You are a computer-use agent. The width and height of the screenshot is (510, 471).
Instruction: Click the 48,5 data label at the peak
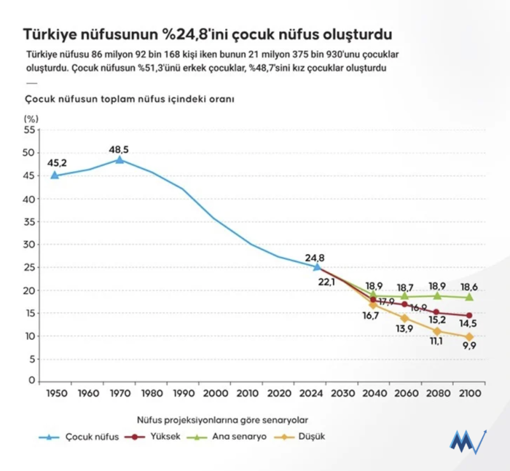[x=119, y=149]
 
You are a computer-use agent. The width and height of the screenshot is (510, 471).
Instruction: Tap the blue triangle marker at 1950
[x=55, y=175]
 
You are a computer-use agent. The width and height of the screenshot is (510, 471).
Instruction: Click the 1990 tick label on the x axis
[x=184, y=393]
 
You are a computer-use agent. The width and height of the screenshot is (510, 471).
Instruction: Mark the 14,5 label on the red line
[x=469, y=323]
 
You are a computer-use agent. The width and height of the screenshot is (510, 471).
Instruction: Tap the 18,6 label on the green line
[x=469, y=288]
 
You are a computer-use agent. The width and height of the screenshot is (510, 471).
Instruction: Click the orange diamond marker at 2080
[x=437, y=332]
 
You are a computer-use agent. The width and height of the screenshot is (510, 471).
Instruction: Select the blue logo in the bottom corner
[x=468, y=441]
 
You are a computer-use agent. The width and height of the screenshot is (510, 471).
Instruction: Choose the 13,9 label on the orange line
[x=404, y=328]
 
